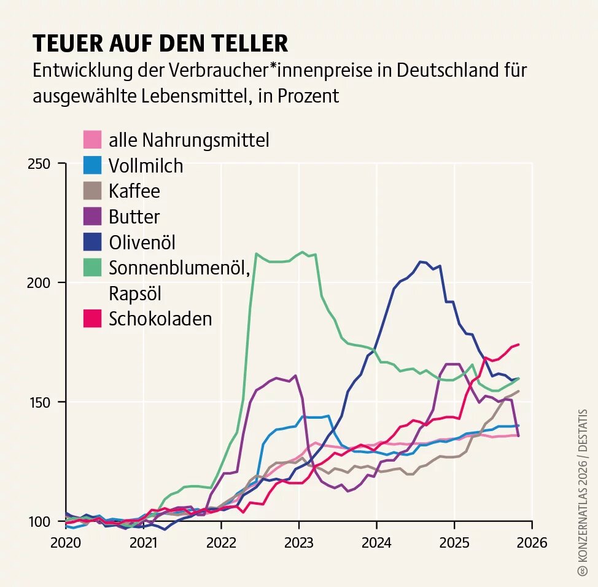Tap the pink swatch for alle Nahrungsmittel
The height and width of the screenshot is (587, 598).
(92, 139)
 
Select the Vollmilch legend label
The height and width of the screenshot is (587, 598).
(146, 165)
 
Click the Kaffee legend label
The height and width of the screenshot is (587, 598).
(134, 191)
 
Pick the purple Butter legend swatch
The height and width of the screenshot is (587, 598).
(92, 216)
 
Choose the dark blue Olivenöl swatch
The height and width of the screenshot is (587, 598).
(92, 242)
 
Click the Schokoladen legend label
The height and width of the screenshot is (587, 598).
(160, 319)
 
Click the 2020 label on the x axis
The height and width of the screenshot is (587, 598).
(66, 543)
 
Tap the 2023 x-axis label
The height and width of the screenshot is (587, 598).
(299, 543)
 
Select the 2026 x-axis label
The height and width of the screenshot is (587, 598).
(532, 543)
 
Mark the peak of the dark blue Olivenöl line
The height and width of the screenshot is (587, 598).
(421, 262)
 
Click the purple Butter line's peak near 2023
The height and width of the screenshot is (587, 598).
(296, 375)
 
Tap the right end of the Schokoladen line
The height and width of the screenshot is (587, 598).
(519, 344)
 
